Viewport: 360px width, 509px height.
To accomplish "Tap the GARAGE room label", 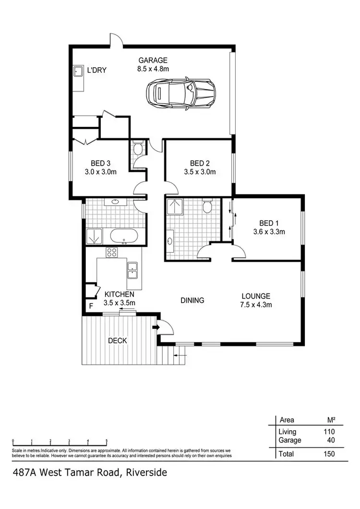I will pos(153,61).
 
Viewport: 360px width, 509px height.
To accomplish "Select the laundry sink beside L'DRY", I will pos(79,72).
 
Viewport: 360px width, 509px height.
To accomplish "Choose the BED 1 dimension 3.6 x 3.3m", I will pos(269,231).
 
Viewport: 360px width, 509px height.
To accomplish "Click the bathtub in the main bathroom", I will pos(124,236).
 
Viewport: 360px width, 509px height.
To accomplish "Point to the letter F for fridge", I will pos(90,306).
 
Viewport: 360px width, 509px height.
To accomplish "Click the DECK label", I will pos(117,341).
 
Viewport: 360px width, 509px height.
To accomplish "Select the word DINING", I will pos(192,301).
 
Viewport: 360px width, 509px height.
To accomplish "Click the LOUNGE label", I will pos(256,296).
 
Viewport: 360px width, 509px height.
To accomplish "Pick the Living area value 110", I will pos(329,432).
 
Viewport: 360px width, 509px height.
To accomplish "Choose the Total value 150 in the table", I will pos(329,453).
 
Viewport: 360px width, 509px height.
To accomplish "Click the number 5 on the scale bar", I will pos(107,441).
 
